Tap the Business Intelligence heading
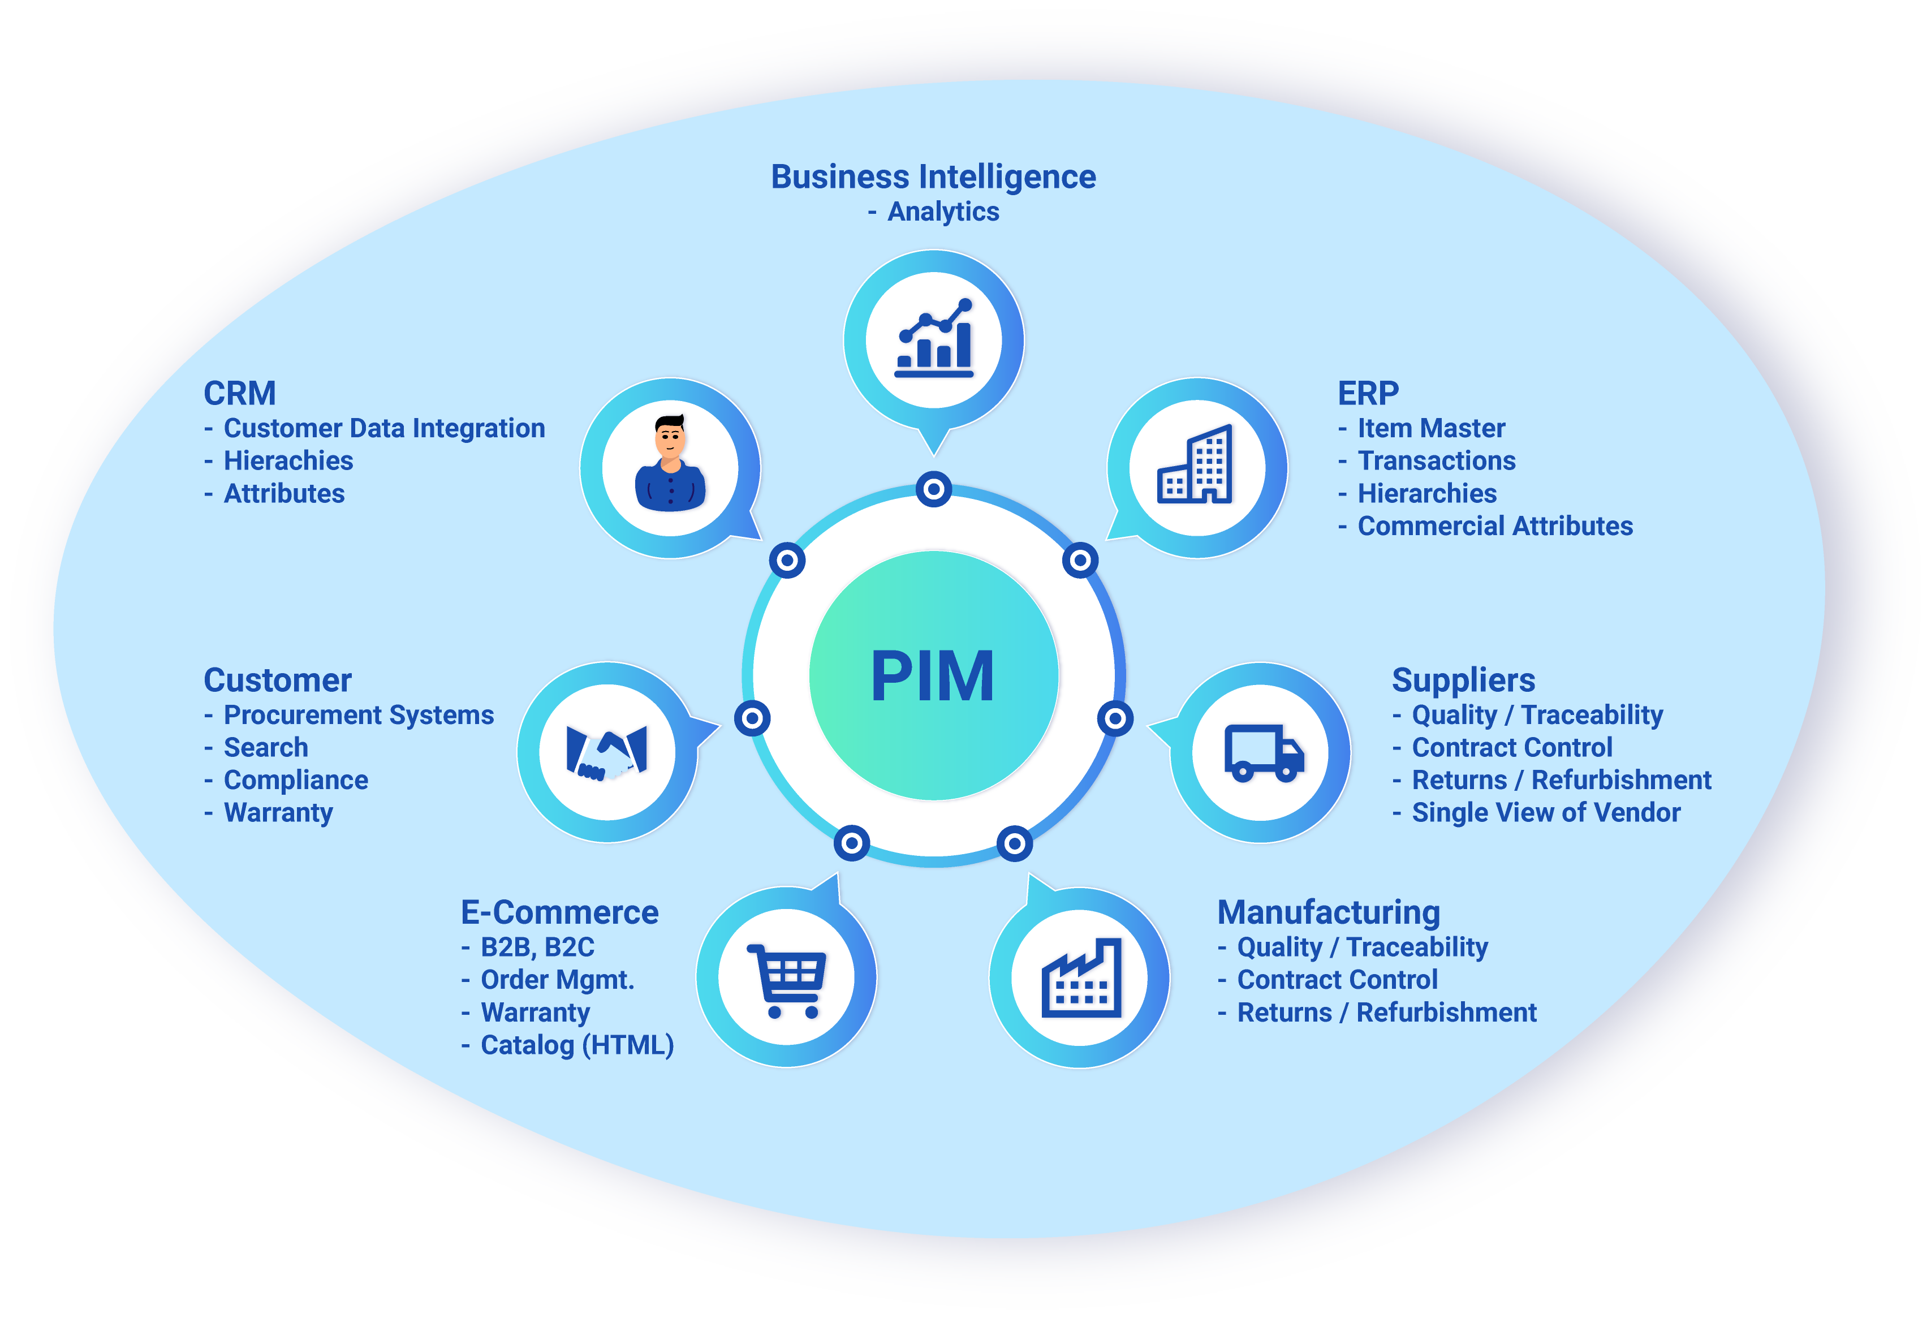[933, 177]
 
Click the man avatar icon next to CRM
[670, 466]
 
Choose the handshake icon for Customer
[606, 752]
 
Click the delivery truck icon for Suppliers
[1262, 752]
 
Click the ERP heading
[1368, 393]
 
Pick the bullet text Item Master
[1431, 428]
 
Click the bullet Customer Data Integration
[384, 428]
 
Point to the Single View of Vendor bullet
[1545, 812]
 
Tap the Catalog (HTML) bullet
[576, 1045]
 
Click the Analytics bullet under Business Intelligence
[943, 212]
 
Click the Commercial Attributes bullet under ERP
[1495, 526]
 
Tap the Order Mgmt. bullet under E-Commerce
[557, 980]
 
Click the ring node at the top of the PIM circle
[933, 489]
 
